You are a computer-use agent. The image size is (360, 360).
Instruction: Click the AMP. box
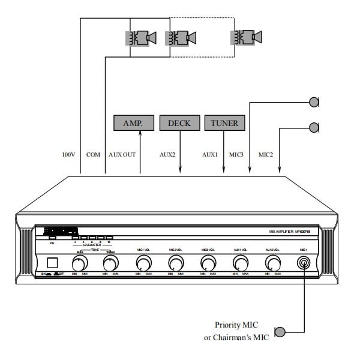131,123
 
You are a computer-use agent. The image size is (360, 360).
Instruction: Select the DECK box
178,123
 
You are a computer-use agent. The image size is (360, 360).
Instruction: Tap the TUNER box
224,123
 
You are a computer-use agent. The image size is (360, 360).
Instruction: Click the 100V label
69,155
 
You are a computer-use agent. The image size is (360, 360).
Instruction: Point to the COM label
93,155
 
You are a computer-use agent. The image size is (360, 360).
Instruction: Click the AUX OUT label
122,155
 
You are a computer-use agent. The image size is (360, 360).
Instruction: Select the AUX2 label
167,155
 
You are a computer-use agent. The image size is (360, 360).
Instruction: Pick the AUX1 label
209,155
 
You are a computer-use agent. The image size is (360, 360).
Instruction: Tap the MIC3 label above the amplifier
236,155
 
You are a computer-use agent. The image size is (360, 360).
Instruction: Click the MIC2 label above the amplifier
266,155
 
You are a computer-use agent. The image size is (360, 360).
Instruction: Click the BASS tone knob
79,263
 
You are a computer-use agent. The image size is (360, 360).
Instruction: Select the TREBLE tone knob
110,263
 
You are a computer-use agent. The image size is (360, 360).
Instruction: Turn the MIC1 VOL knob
143,263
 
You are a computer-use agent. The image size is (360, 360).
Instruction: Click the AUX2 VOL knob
273,263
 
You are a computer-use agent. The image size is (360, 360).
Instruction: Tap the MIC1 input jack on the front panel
305,263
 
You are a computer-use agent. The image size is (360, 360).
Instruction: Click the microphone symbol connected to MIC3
314,103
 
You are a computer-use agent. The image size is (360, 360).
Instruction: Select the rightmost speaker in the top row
247,38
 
